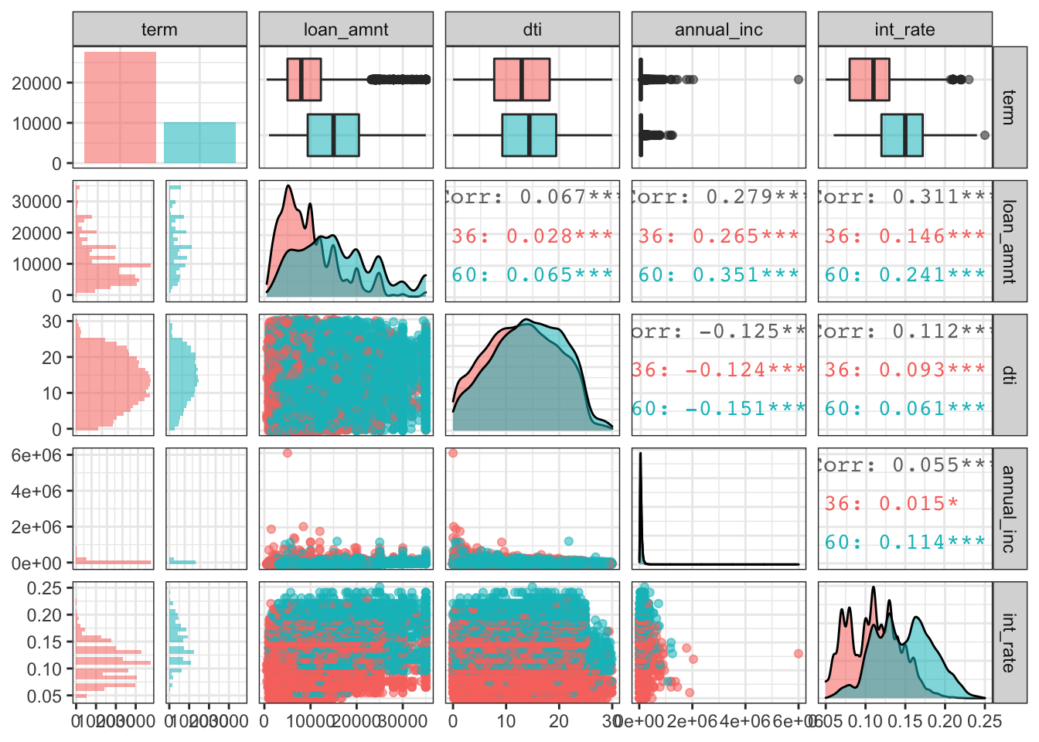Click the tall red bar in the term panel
tap(120, 107)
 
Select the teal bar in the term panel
tap(199, 142)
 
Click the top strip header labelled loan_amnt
tap(346, 29)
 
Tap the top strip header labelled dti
tap(532, 29)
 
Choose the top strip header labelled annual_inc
tap(718, 29)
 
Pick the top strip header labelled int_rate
tap(904, 29)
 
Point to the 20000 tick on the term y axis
tap(36, 83)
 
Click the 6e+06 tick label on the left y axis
tap(36, 454)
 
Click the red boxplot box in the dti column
tap(522, 80)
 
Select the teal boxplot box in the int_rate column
tap(902, 135)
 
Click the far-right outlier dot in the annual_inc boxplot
tap(799, 80)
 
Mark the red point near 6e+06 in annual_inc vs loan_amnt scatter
tap(288, 453)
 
